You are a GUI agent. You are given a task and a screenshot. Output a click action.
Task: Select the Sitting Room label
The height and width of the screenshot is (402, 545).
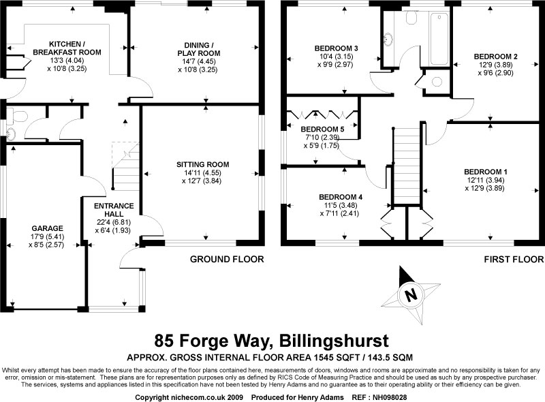tap(202, 164)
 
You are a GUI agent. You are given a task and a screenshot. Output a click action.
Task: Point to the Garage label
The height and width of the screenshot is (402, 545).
tap(47, 228)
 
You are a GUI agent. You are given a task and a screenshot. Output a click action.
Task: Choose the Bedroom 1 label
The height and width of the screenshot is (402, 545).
tap(484, 171)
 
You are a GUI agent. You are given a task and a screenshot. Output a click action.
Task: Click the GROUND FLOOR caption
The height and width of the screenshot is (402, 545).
tap(227, 259)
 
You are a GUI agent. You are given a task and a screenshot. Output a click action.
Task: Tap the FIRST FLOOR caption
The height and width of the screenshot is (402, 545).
tap(514, 259)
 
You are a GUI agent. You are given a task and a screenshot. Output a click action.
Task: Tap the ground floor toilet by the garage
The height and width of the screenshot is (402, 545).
tap(12, 125)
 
